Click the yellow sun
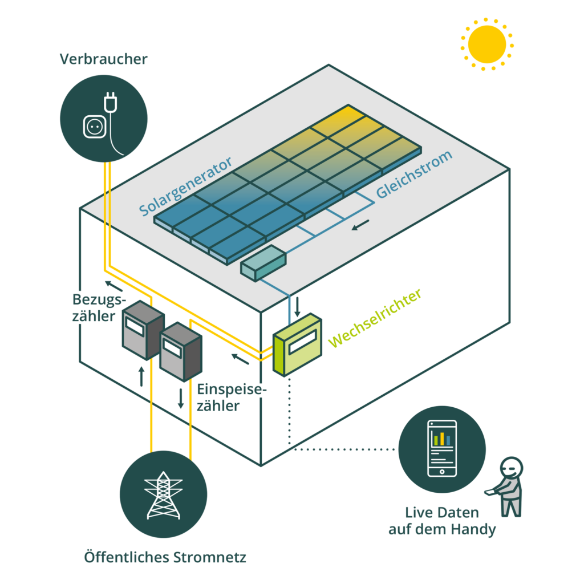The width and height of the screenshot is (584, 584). click(487, 44)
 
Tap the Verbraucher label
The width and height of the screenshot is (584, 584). click(104, 59)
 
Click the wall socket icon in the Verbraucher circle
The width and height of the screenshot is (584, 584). click(95, 127)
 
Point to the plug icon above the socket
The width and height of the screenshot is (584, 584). click(110, 102)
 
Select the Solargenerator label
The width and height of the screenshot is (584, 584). click(185, 186)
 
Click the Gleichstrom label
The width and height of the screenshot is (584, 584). click(414, 175)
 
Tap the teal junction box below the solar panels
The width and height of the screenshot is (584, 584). click(263, 263)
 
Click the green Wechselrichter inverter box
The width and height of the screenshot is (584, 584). click(297, 344)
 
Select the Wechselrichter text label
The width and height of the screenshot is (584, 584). click(375, 318)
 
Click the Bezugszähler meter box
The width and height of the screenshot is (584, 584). click(143, 330)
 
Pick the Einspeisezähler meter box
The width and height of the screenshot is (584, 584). click(181, 352)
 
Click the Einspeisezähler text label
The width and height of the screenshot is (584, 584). click(232, 398)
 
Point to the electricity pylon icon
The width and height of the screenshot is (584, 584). click(163, 496)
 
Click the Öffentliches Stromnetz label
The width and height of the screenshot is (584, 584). click(165, 557)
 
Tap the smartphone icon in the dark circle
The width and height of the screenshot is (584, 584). click(442, 448)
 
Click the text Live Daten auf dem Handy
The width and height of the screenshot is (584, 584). click(442, 521)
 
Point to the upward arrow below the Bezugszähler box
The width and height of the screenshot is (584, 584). click(141, 376)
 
